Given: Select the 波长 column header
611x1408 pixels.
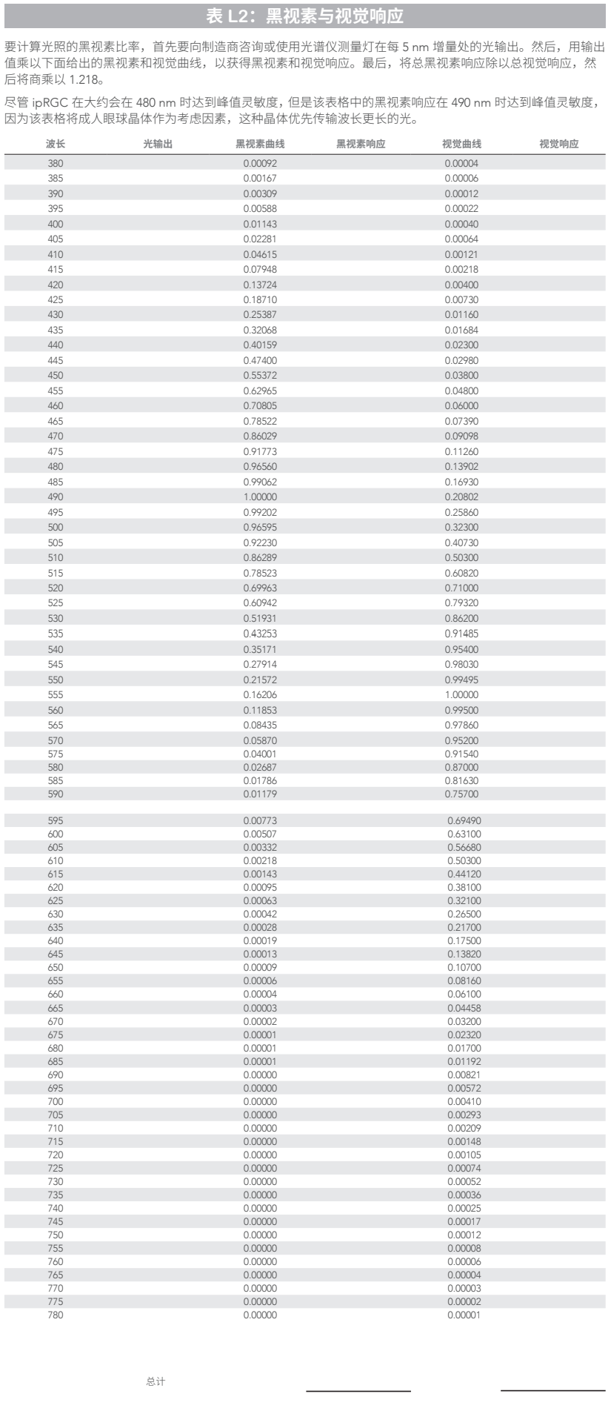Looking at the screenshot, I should tap(56, 145).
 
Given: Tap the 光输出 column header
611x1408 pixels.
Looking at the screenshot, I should tap(158, 145).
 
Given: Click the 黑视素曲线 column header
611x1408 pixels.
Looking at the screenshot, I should tap(260, 145).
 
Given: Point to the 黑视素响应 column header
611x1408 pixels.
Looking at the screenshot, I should tap(361, 145).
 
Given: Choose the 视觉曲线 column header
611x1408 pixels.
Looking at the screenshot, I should tap(461, 145).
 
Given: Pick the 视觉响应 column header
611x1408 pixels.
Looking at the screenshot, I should tap(559, 145).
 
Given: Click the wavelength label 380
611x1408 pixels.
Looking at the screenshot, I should tap(56, 163).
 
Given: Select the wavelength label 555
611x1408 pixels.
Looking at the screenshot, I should tap(56, 695).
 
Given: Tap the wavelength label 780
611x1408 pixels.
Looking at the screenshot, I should tap(56, 1315).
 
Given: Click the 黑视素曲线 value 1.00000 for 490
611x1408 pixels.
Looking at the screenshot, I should tap(260, 497).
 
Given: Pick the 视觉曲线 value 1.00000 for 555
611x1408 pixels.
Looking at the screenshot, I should tap(461, 695).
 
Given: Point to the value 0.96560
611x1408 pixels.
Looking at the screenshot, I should tap(260, 467).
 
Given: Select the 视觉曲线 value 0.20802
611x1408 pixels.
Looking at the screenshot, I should tap(461, 497).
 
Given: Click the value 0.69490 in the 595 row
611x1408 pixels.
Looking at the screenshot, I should tap(464, 821).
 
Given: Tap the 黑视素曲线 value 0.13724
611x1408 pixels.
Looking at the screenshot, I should tap(260, 285).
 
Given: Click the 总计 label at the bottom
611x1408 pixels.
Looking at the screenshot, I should tap(156, 1382).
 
